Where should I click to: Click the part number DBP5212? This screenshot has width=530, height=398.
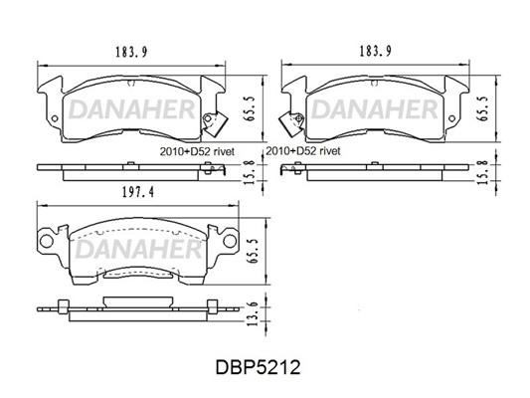click(x=258, y=367)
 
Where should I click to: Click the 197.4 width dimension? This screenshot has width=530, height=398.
click(x=138, y=192)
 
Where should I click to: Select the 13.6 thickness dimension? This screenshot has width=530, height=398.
click(x=253, y=314)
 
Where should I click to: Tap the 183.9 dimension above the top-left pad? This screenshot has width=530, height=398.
click(x=131, y=52)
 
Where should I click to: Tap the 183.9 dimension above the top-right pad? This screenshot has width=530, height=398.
click(x=375, y=51)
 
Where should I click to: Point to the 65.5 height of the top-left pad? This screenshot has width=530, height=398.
click(x=249, y=108)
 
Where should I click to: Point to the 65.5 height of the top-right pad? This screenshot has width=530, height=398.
click(x=482, y=108)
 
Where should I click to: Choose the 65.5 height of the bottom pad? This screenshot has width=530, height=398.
click(x=253, y=251)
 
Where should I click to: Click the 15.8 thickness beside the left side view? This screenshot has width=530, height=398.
click(x=249, y=172)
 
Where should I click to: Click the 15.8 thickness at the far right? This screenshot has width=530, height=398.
click(x=483, y=172)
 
